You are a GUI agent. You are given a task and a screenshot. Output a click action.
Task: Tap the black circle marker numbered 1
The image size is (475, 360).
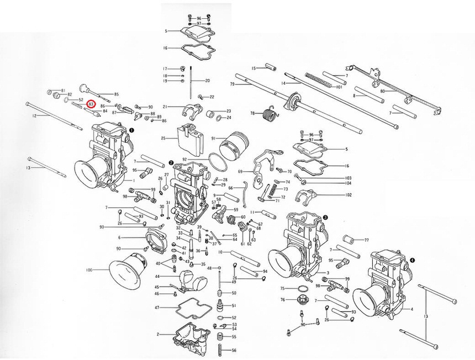coord(131,130)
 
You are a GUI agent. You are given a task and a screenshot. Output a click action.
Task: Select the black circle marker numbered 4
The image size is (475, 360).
coord(413,259)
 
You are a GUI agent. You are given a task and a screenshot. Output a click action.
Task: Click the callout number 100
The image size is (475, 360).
coord(89,270)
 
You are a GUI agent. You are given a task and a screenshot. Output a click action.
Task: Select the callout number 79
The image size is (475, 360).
coord(233,84)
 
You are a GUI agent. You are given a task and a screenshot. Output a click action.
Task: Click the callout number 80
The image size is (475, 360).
coord(382,91)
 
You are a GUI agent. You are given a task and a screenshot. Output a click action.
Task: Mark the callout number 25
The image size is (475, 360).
coord(163,137)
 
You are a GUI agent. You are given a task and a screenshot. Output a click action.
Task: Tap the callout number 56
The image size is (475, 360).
coord(234,351)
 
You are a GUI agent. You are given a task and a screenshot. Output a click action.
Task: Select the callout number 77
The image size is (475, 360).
coord(366,240)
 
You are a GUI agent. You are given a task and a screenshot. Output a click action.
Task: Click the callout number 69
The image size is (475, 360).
coord(240,172)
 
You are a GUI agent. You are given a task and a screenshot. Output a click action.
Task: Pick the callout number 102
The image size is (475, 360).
coord(348,195)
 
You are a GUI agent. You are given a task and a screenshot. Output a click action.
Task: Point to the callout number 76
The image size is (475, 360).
coord(282,300)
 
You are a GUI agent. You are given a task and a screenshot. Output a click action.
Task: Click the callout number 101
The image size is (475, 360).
coord(339,87)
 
